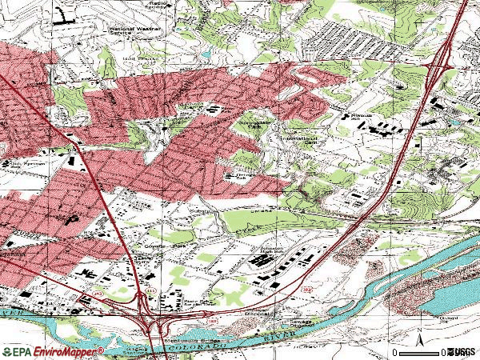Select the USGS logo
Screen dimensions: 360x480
pyautogui.click(x=462, y=352)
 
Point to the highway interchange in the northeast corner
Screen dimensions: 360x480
pyautogui.click(x=438, y=68)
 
